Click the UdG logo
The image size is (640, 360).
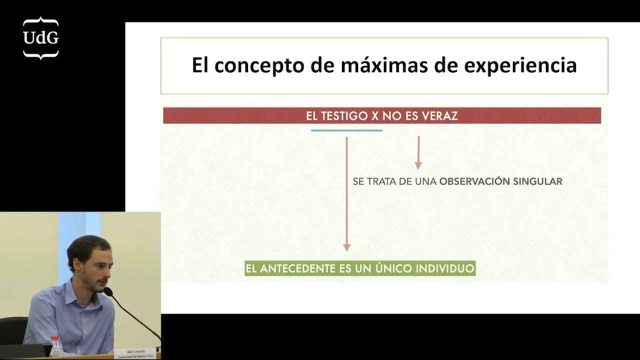tap(40, 38)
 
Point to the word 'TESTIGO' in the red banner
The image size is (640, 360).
tap(344, 116)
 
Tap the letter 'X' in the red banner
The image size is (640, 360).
tap(374, 116)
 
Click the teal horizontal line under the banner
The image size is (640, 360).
tap(346, 130)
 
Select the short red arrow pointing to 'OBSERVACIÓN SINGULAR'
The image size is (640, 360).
tap(418, 152)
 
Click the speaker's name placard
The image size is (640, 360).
tap(135, 353)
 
